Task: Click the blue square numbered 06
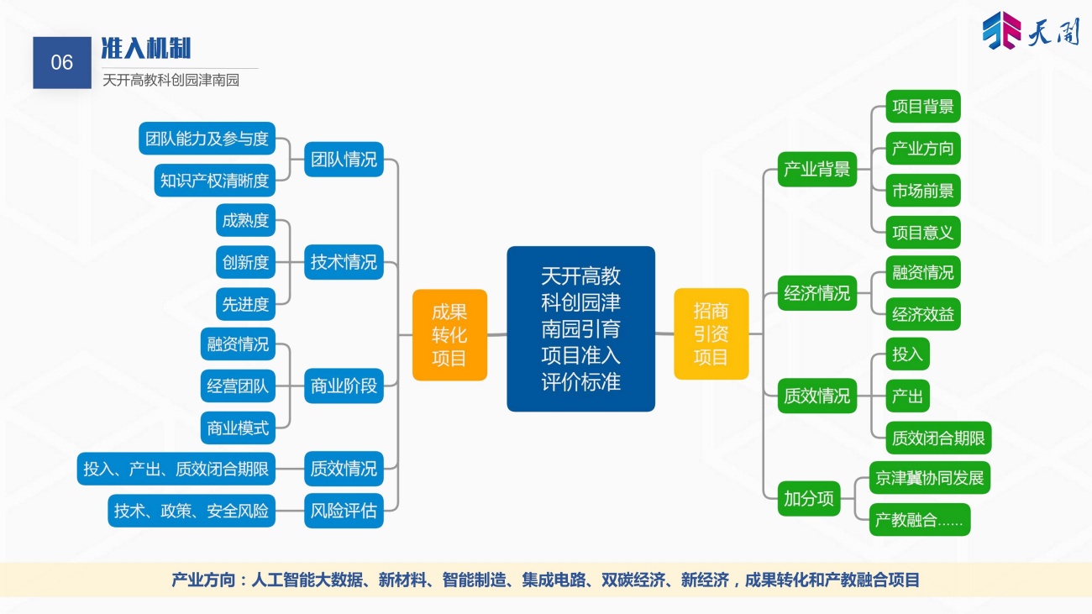[x=62, y=63]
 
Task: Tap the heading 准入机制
[x=146, y=48]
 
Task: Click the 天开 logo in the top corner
[x=1030, y=30]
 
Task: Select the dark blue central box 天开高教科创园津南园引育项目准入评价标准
[x=580, y=329]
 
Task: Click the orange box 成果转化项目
[x=449, y=335]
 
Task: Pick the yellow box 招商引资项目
[x=711, y=333]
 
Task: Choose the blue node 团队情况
[x=344, y=160]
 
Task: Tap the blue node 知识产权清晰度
[x=214, y=181]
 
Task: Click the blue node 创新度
[x=245, y=262]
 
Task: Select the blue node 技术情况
[x=344, y=262]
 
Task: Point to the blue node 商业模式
[x=238, y=428]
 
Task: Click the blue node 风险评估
[x=344, y=511]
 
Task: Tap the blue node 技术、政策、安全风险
[x=192, y=511]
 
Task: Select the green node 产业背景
[x=817, y=169]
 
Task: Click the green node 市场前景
[x=923, y=191]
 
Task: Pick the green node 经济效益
[x=923, y=314]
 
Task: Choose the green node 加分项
[x=809, y=499]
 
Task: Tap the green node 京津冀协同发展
[x=930, y=478]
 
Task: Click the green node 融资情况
[x=923, y=272]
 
